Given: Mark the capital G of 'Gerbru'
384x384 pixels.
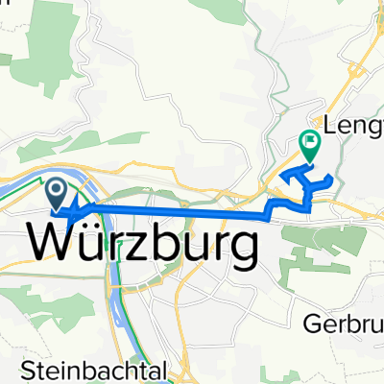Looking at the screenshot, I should point(318,324).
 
